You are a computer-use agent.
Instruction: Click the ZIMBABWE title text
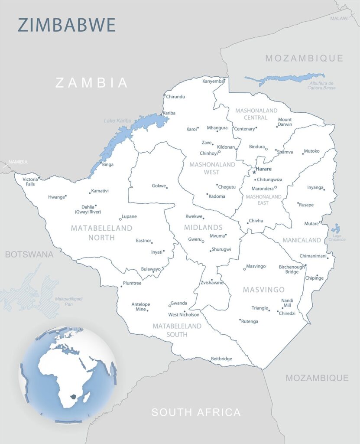tap(67, 25)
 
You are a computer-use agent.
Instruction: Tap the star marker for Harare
tap(254, 172)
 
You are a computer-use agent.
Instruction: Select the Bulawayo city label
tap(150, 269)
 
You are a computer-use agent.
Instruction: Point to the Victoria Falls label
tap(30, 182)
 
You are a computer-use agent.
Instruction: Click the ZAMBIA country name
tap(92, 82)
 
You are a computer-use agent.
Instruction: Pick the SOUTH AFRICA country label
tap(196, 412)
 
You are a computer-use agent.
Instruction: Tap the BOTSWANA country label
tap(29, 255)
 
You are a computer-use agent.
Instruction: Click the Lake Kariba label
tap(117, 121)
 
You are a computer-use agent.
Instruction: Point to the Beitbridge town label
tap(221, 359)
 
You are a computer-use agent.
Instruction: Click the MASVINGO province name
tap(263, 290)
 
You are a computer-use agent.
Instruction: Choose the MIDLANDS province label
tap(203, 227)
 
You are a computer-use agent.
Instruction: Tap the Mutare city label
tap(311, 224)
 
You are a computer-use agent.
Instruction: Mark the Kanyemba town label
tap(213, 81)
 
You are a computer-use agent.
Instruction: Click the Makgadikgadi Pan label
tap(68, 301)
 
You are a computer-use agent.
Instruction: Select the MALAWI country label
tap(339, 18)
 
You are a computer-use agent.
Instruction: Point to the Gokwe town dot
tap(167, 188)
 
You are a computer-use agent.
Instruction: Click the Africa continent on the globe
tap(65, 369)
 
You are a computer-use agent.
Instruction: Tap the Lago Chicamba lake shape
tap(335, 229)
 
